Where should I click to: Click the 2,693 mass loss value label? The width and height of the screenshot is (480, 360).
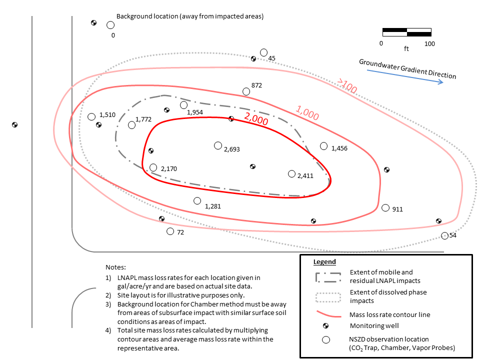pos(231,149)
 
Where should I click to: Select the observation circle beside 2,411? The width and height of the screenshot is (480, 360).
pos(291,174)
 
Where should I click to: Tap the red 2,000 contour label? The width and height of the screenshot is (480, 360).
pos(256,118)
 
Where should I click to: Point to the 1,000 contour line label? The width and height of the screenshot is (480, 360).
pos(307,112)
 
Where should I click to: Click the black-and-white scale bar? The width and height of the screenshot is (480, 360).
pos(407,32)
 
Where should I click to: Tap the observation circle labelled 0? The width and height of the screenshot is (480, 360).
pos(110,25)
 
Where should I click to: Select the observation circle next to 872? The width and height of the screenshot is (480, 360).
pos(246,91)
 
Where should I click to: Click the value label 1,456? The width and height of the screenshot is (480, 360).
pos(339,148)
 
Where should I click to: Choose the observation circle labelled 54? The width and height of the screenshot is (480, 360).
pos(445,235)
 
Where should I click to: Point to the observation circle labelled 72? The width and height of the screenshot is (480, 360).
pos(170,231)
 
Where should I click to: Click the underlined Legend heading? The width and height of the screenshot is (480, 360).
pos(324,262)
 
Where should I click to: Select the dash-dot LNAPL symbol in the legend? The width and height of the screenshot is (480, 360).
pos(328,277)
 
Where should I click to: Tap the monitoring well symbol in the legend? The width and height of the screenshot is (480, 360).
pos(325,326)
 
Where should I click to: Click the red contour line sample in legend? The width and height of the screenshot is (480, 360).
pos(328,314)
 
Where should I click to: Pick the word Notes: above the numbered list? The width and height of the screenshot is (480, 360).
pos(115,267)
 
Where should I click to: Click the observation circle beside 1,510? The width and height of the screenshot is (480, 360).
pos(91,116)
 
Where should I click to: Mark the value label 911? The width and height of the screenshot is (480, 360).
pos(397,209)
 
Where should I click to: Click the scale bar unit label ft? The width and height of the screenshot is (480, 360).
pos(406,48)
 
